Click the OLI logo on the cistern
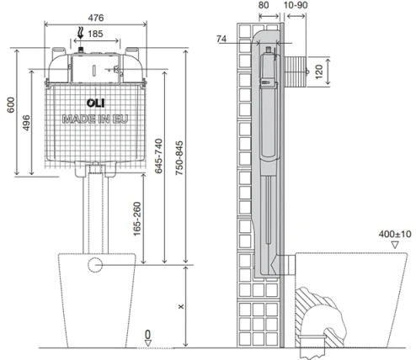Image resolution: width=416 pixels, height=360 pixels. pos(73,103)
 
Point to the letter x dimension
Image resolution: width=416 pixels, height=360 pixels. pos(181,305)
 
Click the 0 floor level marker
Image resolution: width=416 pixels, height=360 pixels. pos(148,335)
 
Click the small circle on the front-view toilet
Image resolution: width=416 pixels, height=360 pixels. pos(94,266)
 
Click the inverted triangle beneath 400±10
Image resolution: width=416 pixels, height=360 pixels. pos(393,244)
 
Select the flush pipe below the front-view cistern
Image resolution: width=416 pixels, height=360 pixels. pos(94,210)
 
